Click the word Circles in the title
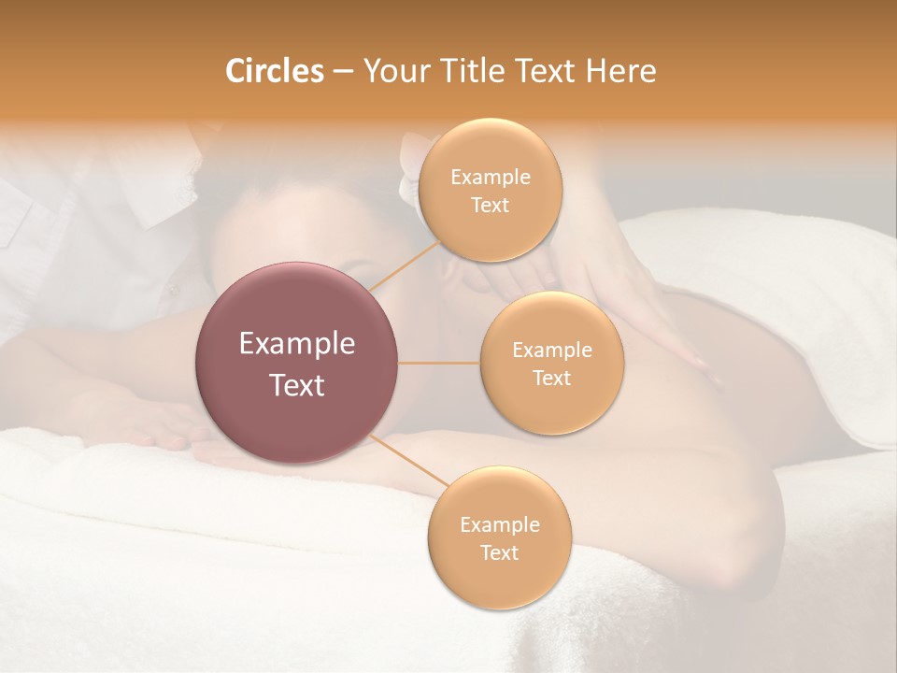tap(275, 71)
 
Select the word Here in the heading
tap(620, 71)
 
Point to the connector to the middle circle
tap(439, 363)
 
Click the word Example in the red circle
tap(297, 344)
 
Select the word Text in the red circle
tap(297, 385)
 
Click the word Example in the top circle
tap(490, 178)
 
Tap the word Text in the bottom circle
tap(499, 552)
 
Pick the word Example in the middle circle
tap(551, 351)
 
